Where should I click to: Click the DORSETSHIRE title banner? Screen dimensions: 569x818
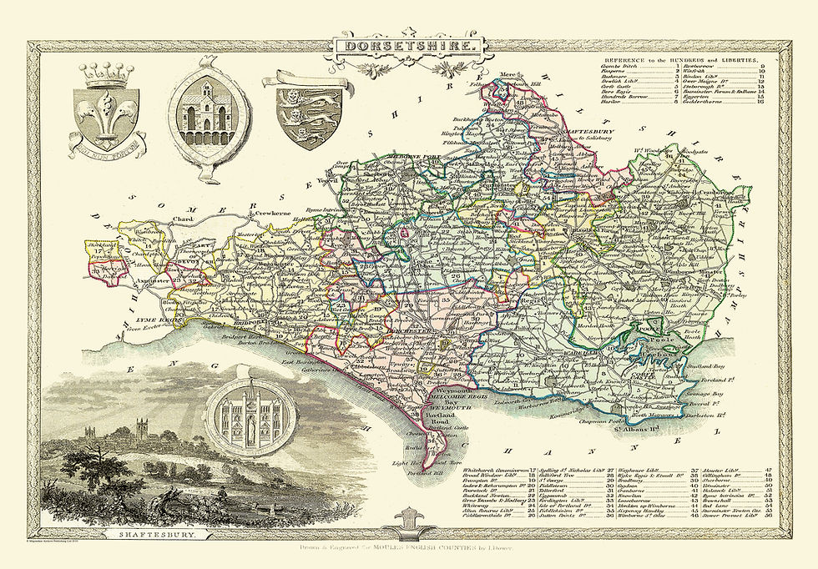coord(409,47)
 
